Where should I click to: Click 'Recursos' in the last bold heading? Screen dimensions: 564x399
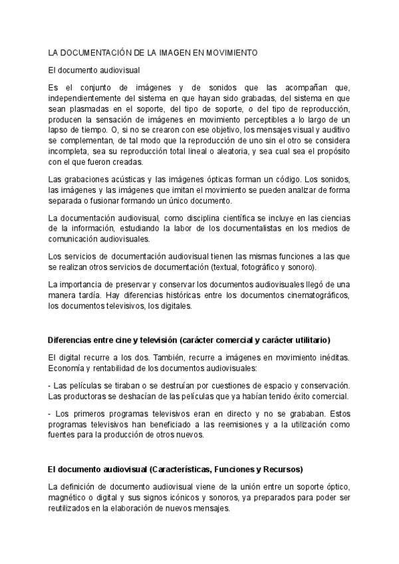pos(282,468)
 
